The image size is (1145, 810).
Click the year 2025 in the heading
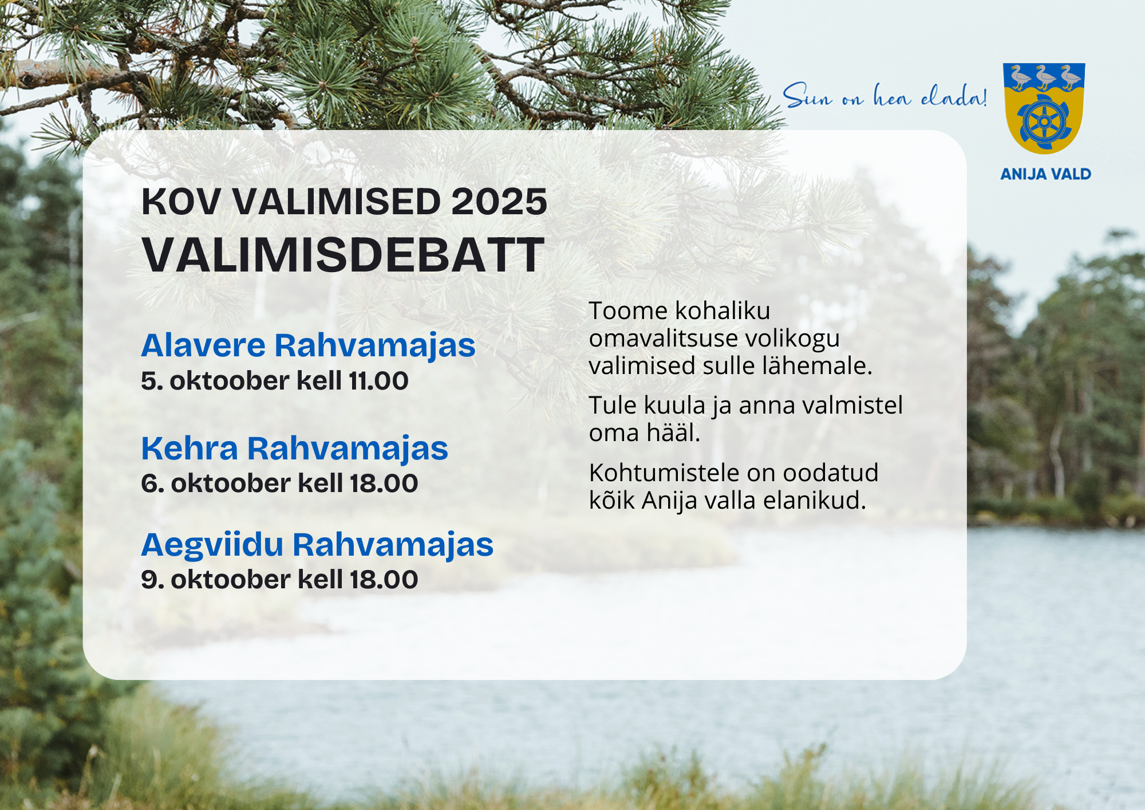point(499,202)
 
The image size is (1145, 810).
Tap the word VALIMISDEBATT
point(343,255)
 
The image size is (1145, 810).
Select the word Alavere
point(203,345)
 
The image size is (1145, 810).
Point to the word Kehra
point(189,448)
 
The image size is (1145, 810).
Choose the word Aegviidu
point(212,544)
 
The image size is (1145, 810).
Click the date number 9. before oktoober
point(152,580)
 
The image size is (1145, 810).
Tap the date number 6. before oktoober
point(152,483)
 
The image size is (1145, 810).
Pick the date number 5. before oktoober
point(152,381)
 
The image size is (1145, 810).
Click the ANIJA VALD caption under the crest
point(1045,174)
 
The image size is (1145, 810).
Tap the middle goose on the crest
point(1045,77)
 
